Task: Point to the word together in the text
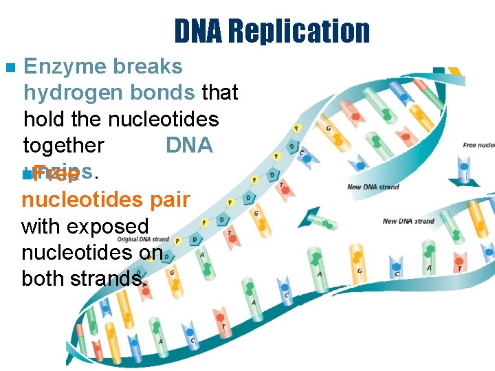[63, 146]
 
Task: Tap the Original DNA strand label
[144, 239]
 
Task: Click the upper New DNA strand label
[373, 187]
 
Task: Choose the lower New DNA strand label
[408, 221]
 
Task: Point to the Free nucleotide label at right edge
[478, 146]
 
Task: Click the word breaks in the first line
[150, 67]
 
